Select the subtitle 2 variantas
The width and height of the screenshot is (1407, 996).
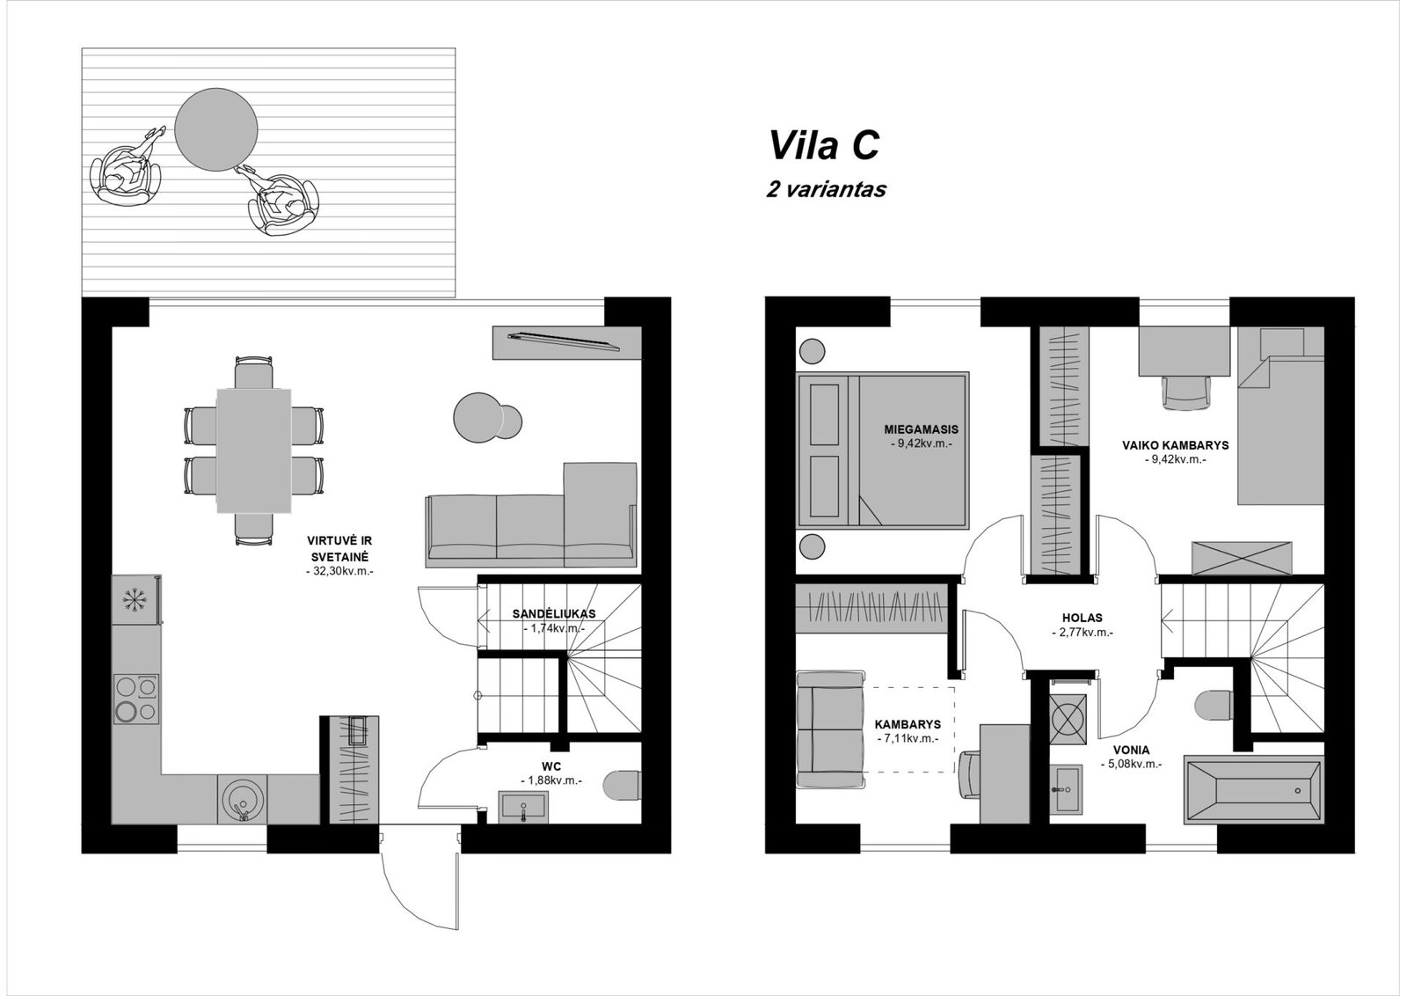(x=826, y=189)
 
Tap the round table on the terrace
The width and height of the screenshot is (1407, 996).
(x=216, y=129)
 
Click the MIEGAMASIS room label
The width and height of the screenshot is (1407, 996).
(x=921, y=430)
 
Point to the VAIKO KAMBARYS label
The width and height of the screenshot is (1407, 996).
(x=1175, y=445)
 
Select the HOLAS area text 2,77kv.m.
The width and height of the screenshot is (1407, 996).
(x=1083, y=633)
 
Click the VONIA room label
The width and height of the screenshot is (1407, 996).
(x=1131, y=750)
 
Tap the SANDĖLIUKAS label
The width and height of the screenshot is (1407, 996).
(x=554, y=614)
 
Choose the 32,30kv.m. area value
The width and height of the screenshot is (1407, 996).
(x=339, y=572)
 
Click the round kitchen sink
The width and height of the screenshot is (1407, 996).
(x=243, y=799)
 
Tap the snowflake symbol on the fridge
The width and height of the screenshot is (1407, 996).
(x=133, y=601)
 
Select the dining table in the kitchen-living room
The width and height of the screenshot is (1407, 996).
(x=254, y=450)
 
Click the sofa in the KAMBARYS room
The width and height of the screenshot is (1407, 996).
(x=830, y=729)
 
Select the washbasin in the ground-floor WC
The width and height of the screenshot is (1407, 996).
(x=523, y=807)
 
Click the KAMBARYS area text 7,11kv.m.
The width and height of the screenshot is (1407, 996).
(x=908, y=739)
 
